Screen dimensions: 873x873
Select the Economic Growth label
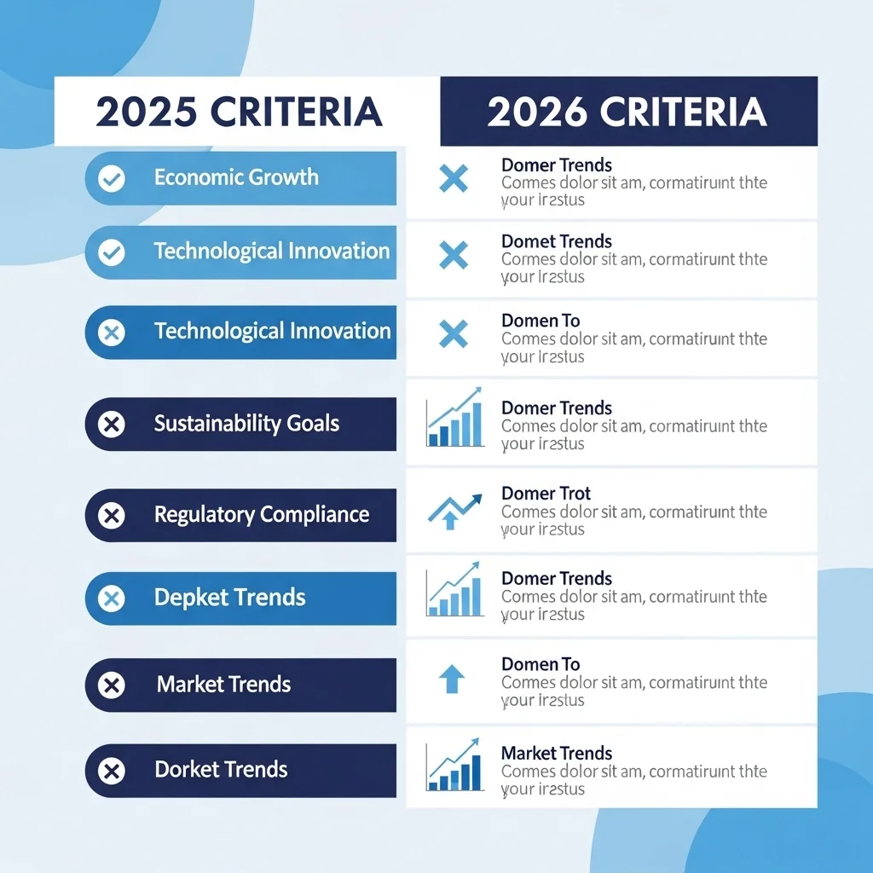236,177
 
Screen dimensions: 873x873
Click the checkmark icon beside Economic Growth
112,178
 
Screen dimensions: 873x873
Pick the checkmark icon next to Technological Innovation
112,252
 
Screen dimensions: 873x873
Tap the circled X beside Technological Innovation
112,332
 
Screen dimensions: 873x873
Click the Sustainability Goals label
246,423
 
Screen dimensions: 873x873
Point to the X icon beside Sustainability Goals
112,424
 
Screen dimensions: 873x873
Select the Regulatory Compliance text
261,514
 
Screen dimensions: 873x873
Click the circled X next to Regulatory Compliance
112,515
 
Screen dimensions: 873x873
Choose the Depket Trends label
229,597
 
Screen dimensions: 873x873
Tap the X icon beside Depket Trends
112,598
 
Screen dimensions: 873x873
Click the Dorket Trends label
221,770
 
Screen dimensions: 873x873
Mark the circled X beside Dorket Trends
112,772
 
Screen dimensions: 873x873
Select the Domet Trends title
556,241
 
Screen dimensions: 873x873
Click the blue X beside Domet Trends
454,255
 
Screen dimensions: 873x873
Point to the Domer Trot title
546,493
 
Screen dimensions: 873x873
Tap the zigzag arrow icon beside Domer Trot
454,510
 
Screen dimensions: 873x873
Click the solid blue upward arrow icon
452,679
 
